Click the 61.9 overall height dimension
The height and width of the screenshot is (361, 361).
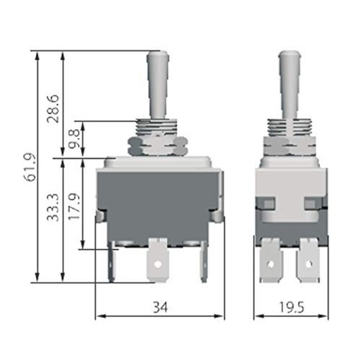click(x=28, y=168)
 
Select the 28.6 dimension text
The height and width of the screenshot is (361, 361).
click(x=53, y=108)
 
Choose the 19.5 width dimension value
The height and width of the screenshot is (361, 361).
click(x=290, y=308)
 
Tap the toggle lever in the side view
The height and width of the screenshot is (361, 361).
click(x=290, y=83)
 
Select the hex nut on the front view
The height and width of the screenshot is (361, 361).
click(x=156, y=145)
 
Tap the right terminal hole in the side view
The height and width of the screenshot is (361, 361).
click(x=309, y=264)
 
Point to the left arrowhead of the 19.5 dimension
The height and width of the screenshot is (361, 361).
click(x=257, y=316)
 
